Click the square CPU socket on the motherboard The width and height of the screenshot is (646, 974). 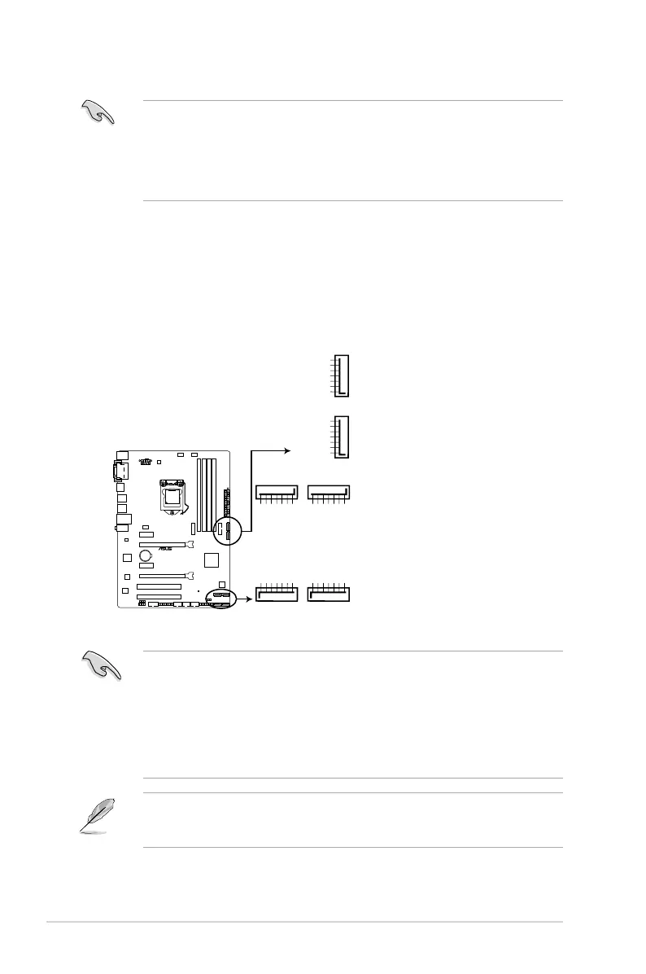pos(172,494)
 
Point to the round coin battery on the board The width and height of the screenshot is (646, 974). pos(147,556)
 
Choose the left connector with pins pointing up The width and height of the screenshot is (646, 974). pos(277,594)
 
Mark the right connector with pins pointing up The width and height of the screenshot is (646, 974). pos(329,594)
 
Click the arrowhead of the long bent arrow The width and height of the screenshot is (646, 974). pos(287,449)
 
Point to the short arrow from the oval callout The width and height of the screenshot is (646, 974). pos(242,598)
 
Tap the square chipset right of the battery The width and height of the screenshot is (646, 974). pos(212,559)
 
